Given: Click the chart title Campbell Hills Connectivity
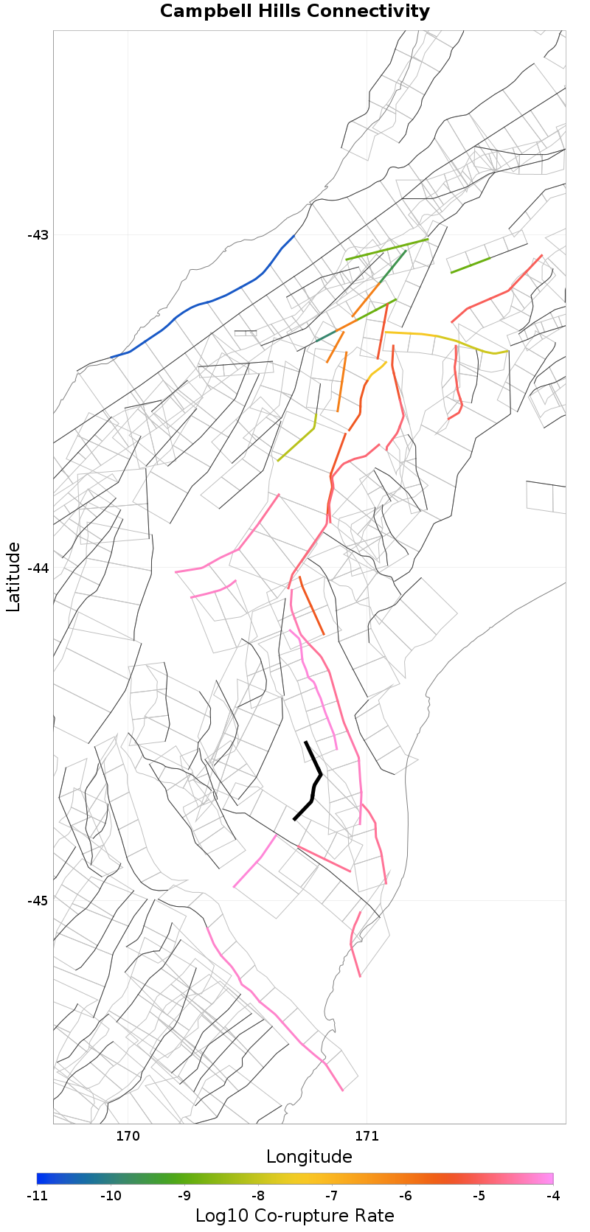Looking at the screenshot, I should click(294, 12).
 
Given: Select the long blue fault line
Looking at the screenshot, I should click(214, 299).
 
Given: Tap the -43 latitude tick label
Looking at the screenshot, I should click(38, 235).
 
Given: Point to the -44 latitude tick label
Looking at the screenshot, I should click(38, 568).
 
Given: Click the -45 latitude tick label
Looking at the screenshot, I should click(38, 901).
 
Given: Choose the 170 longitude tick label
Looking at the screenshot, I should click(128, 1136).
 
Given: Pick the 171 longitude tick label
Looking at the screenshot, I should click(367, 1136).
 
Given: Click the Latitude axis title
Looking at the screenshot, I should click(13, 577).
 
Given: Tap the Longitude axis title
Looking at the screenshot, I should click(309, 1156).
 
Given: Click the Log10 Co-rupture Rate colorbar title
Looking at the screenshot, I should click(294, 1216).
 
